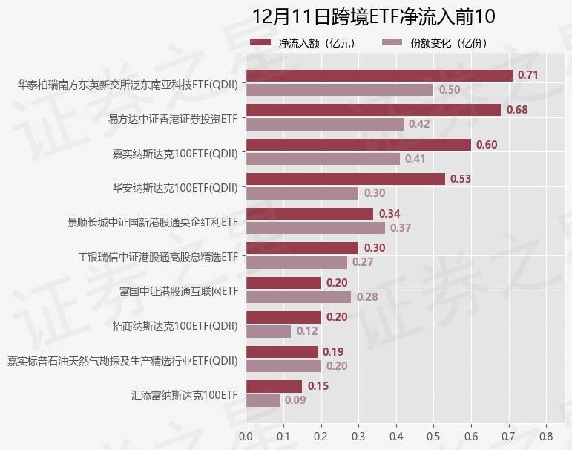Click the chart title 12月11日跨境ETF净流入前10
tap(372, 16)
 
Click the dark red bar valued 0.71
tap(378, 75)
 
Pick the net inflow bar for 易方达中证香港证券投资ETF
tap(373, 110)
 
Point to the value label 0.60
tap(487, 145)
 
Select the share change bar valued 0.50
tap(339, 89)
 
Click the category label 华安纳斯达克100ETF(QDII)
tap(175, 188)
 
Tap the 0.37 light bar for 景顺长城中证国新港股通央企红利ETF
tap(315, 227)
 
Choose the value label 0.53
tap(461, 179)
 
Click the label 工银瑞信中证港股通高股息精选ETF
tap(157, 257)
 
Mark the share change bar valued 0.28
tap(298, 296)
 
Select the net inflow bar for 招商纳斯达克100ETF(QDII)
tap(283, 317)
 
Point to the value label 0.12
tap(307, 331)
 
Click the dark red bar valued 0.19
tap(281, 352)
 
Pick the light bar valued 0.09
tap(263, 400)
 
